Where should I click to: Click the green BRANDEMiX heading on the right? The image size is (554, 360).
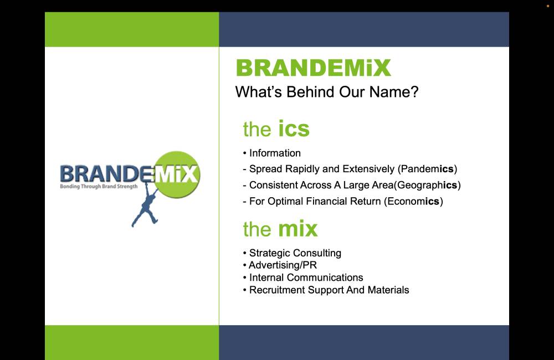(314, 68)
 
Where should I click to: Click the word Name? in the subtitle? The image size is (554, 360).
(394, 92)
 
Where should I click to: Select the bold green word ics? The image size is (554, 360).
(294, 128)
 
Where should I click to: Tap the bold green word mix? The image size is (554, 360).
(298, 229)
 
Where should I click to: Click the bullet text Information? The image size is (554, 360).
(275, 153)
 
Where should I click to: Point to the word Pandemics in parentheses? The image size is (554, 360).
(427, 169)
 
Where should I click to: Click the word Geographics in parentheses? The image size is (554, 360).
(427, 185)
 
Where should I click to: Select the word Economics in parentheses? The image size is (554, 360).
(413, 202)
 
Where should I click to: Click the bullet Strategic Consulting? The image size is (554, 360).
(295, 253)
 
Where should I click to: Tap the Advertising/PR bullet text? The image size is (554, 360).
(283, 265)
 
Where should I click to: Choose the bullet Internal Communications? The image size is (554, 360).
(306, 277)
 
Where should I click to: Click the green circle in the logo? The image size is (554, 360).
(177, 174)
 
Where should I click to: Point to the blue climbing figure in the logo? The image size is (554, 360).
(146, 207)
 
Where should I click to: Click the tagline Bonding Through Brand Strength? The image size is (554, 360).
(99, 186)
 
